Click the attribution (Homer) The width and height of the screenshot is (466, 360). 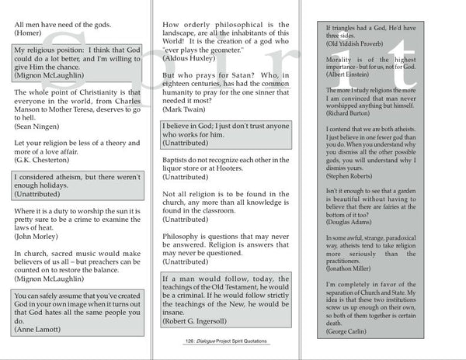30,34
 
